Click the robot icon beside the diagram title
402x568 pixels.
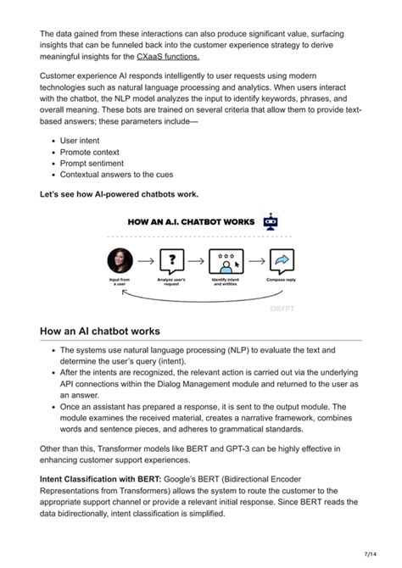(x=271, y=222)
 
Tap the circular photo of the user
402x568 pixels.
(x=120, y=259)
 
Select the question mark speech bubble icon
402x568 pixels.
(x=173, y=260)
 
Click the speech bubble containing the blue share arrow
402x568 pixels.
(x=281, y=260)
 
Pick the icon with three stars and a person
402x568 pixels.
(x=226, y=260)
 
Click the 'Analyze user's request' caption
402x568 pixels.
(x=173, y=281)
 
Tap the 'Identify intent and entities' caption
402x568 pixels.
(x=226, y=281)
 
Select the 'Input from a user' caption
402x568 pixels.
(x=120, y=281)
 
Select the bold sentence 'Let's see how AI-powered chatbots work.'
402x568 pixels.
(x=120, y=194)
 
